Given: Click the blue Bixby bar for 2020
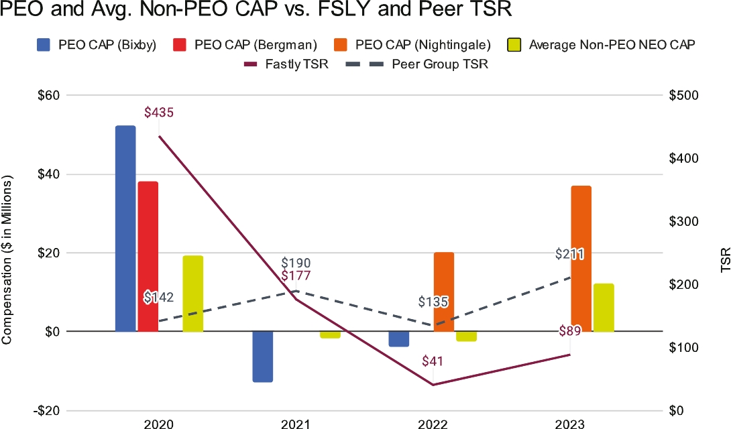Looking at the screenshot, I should click(x=125, y=228).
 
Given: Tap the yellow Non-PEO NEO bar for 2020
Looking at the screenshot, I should click(x=193, y=293).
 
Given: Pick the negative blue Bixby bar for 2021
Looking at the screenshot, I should click(x=262, y=357).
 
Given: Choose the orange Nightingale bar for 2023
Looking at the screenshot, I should click(x=581, y=258).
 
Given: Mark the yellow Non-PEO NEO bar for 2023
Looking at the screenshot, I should click(x=604, y=307).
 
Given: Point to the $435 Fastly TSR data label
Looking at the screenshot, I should click(x=159, y=113).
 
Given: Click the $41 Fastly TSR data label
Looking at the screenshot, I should click(x=433, y=361).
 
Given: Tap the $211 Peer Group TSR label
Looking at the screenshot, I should click(x=570, y=254).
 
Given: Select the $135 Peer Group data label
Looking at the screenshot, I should click(x=433, y=302).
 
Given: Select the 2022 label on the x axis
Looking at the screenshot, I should click(x=433, y=424).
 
